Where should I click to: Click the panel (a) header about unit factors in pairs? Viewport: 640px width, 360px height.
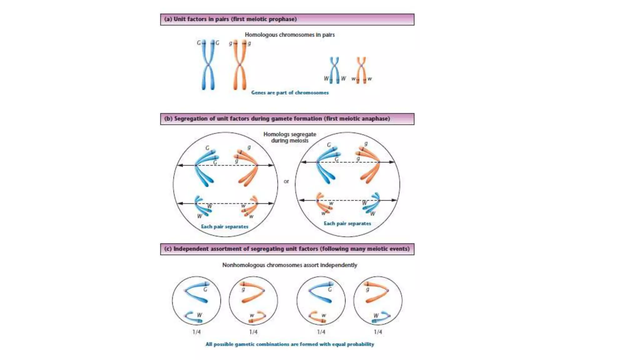point(287,19)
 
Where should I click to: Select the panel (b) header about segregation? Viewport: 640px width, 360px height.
point(287,119)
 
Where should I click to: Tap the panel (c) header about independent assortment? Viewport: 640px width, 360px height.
point(287,249)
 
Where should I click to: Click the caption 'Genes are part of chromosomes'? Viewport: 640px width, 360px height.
point(290,92)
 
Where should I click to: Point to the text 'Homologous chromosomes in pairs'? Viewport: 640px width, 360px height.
point(289,35)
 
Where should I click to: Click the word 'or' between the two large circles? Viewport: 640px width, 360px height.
point(286,181)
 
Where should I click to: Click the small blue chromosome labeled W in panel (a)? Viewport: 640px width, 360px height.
point(334,70)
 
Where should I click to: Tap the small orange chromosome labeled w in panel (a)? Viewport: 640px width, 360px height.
point(361,70)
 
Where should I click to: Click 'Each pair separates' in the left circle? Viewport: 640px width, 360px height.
point(224,227)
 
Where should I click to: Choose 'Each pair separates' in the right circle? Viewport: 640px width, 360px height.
point(347,223)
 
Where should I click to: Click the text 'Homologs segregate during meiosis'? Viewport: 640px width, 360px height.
point(290,137)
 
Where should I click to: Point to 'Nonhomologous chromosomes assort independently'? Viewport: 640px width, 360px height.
point(289,265)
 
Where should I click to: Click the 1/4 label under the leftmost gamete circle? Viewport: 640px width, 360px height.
point(197,332)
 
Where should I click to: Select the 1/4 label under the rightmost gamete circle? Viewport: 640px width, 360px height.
point(378,332)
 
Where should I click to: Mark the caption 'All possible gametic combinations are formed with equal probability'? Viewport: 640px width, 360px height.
point(289,344)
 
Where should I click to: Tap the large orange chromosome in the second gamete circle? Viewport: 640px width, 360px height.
point(253,292)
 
